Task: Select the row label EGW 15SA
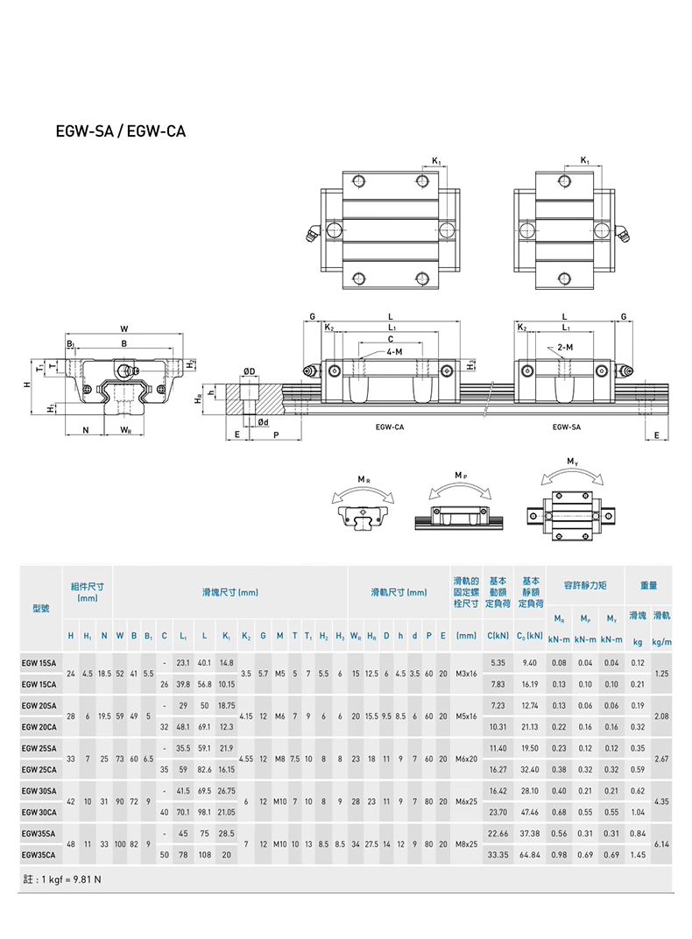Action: pos(39,662)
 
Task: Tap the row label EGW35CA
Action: pos(39,854)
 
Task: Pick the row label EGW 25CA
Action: pos(39,769)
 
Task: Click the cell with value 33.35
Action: pos(498,854)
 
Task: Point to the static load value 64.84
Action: pos(530,854)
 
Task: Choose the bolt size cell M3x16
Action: pos(466,673)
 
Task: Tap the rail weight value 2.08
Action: pos(662,716)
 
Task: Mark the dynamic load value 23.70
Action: pos(498,812)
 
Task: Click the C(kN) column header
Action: pos(498,635)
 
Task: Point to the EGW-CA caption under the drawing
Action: pos(388,427)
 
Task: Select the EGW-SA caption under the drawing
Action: pos(567,427)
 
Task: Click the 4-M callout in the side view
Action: pos(393,352)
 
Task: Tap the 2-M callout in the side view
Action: pos(565,348)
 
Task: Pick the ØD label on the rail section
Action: pos(250,371)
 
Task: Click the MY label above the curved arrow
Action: pos(572,461)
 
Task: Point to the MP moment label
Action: pos(460,474)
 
